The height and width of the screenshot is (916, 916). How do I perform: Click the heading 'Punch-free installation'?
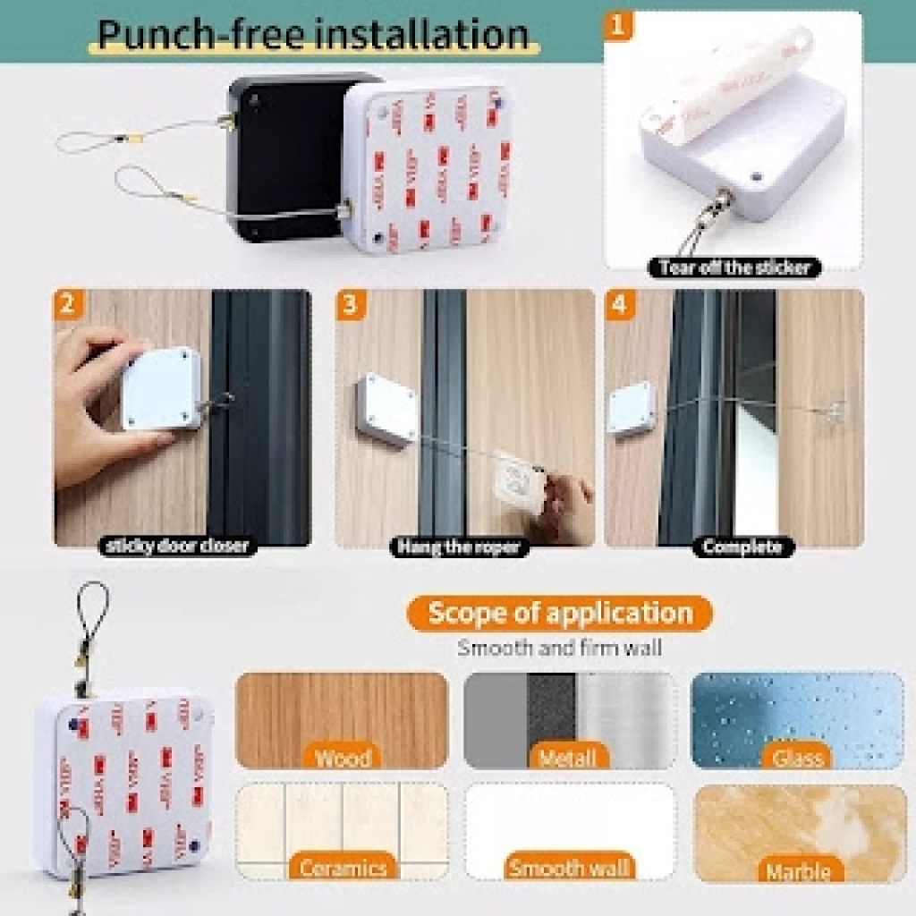tap(312, 33)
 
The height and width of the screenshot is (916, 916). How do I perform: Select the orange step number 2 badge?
tap(66, 303)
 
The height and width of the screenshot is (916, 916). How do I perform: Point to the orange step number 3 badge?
tap(349, 303)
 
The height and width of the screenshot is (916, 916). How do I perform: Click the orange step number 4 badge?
tap(618, 303)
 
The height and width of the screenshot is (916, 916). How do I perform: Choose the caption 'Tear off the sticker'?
tap(734, 267)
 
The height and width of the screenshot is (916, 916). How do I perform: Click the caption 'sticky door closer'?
tap(177, 546)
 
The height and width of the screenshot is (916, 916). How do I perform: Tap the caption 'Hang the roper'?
tap(459, 547)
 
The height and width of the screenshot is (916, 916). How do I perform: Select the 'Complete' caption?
tap(742, 547)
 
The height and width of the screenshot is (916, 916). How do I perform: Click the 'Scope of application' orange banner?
tap(560, 614)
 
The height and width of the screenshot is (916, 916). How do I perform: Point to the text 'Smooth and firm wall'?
tap(560, 648)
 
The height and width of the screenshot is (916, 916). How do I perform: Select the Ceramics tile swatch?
tap(342, 830)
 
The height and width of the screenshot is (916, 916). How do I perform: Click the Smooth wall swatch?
tap(569, 830)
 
